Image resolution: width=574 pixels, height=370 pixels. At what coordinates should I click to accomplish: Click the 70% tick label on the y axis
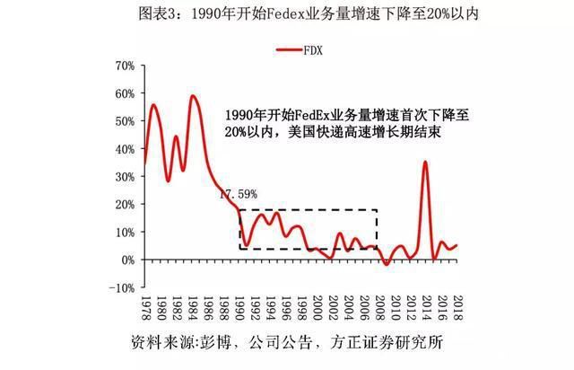[124, 66]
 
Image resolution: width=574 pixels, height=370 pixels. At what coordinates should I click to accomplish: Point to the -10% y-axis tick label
[121, 287]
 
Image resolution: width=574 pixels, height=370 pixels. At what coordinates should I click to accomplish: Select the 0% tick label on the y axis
[126, 260]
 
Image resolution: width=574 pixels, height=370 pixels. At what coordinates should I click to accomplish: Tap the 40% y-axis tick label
[124, 149]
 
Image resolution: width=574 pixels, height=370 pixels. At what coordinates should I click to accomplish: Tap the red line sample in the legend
[289, 51]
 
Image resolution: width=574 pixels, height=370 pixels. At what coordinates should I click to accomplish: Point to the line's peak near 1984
[193, 96]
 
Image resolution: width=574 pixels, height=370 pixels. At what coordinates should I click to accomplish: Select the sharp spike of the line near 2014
[425, 163]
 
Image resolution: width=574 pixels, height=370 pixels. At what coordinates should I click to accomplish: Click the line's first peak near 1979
[152, 105]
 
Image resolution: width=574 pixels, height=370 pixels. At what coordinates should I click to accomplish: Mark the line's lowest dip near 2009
[386, 265]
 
